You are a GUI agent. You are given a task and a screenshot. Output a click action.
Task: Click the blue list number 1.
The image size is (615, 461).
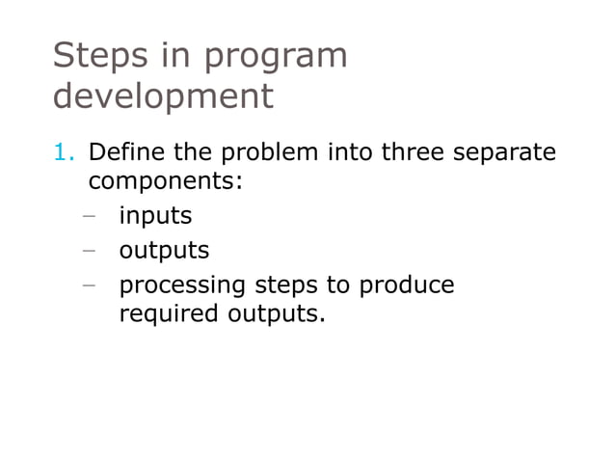(63, 152)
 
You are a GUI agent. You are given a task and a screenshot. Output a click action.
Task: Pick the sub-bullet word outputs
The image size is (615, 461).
(164, 252)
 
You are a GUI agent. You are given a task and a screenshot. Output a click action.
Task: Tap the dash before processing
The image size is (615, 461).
(89, 285)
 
